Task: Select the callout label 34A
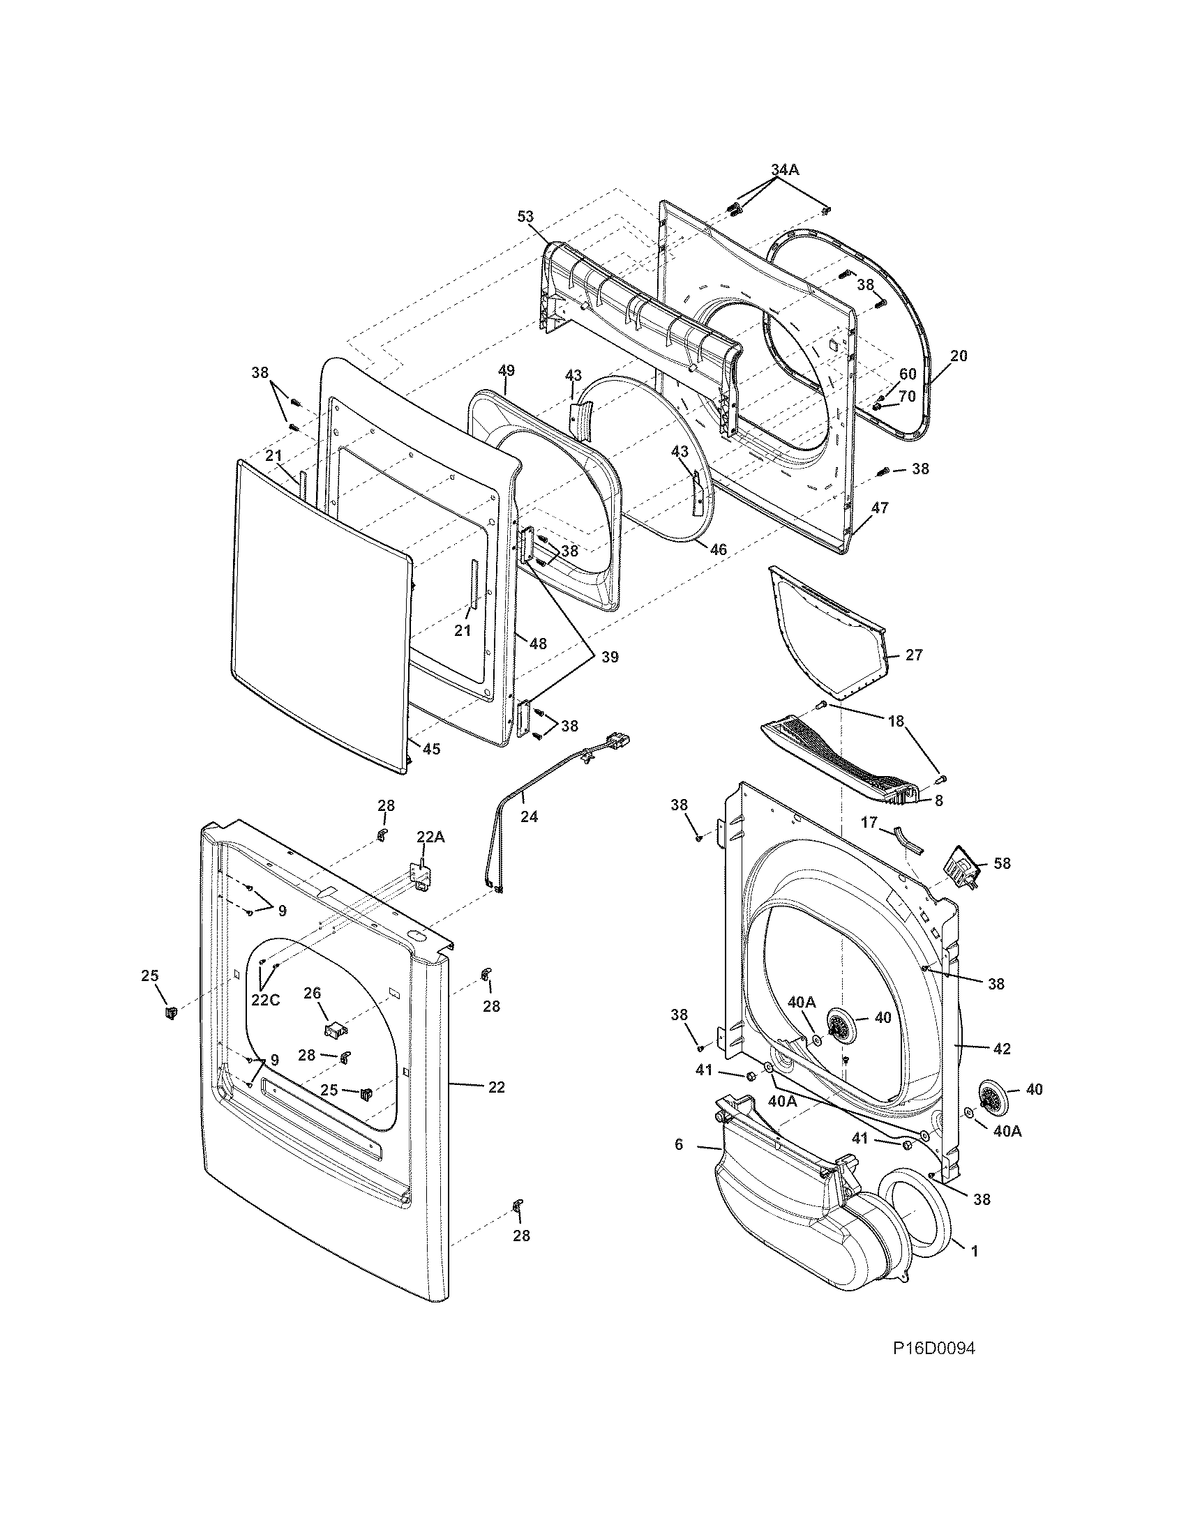[784, 169]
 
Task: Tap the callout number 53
[526, 217]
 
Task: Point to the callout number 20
[959, 356]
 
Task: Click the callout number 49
[506, 370]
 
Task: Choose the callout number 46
[718, 549]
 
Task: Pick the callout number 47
[879, 507]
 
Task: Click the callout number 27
[914, 655]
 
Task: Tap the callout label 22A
[430, 837]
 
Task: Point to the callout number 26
[312, 992]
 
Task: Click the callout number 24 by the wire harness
[529, 817]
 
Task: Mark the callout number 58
[1002, 863]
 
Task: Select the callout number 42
[1002, 1049]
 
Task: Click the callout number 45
[431, 749]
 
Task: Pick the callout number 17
[869, 821]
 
